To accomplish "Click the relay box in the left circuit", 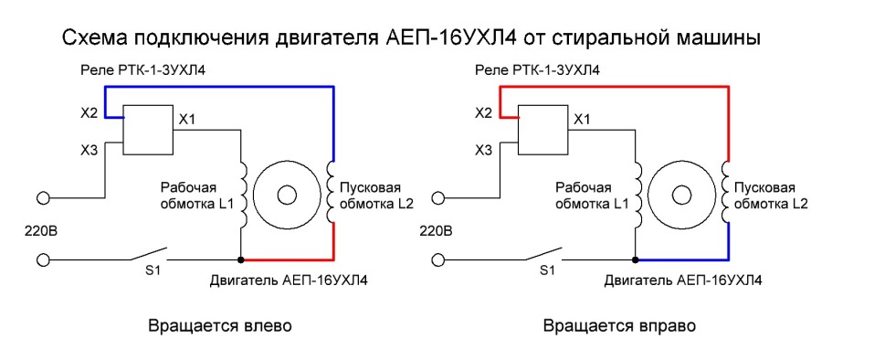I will (146, 131).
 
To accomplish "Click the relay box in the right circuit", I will (542, 131).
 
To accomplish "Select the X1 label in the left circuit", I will (186, 119).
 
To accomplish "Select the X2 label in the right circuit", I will (483, 113).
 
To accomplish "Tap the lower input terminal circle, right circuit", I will (438, 260).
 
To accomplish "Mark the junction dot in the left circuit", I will (240, 259).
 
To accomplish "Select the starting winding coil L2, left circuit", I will (332, 194).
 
